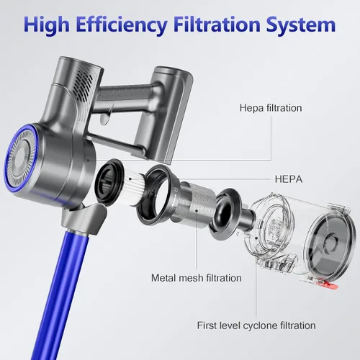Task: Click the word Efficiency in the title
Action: [x=122, y=25]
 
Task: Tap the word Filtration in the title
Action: [x=217, y=24]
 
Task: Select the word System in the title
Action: [x=301, y=25]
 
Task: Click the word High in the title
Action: [x=47, y=25]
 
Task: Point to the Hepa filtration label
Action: [x=271, y=108]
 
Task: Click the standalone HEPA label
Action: [x=289, y=179]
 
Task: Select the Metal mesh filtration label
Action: [x=197, y=278]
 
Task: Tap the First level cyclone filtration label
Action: [x=256, y=325]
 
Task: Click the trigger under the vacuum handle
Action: [x=107, y=115]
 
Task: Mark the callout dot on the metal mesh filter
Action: [x=197, y=211]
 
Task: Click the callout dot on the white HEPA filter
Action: [x=130, y=179]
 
